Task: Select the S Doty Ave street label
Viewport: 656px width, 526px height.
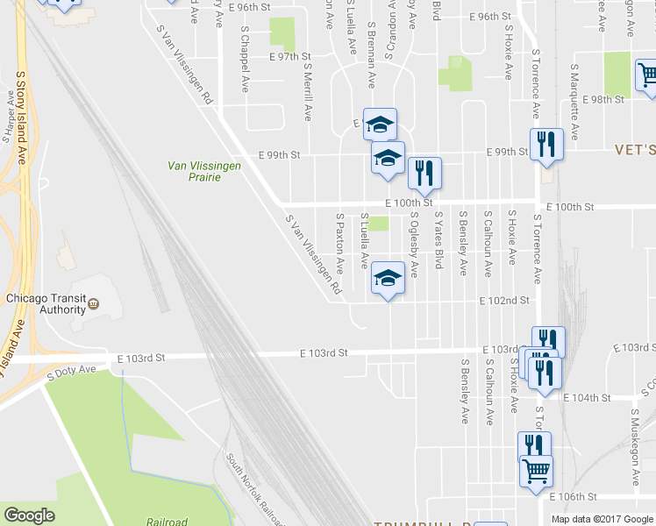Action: click(x=71, y=372)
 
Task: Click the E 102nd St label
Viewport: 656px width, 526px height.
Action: click(x=504, y=300)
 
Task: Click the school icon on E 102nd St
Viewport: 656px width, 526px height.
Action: click(x=387, y=278)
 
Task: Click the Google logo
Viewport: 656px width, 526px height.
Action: click(x=29, y=515)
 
